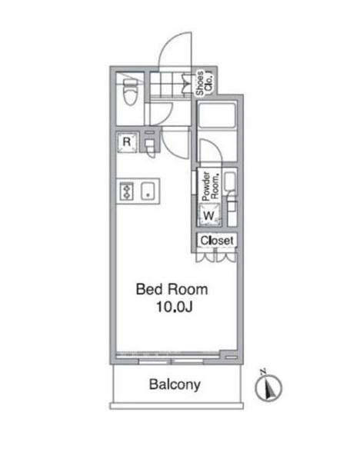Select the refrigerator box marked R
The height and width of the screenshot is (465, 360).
[128, 143]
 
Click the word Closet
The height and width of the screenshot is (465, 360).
[216, 241]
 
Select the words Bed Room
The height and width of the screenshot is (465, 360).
[171, 290]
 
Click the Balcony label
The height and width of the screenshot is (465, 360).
[175, 384]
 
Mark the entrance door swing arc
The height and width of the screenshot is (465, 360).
[175, 48]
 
